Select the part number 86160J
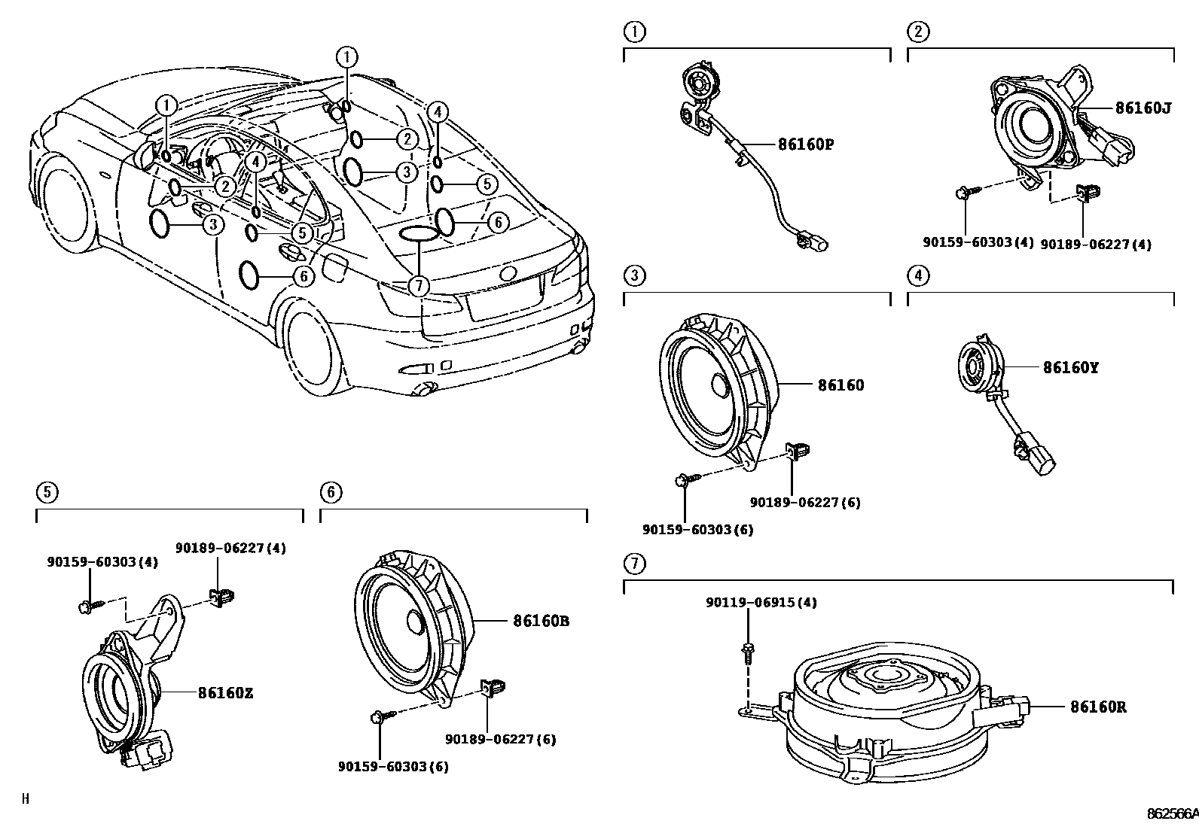pyautogui.click(x=1143, y=108)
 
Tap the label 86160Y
pyautogui.click(x=1070, y=367)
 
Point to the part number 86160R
pyautogui.click(x=1098, y=707)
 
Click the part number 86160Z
pyautogui.click(x=225, y=692)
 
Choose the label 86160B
pyautogui.click(x=541, y=621)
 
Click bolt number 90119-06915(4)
pyautogui.click(x=761, y=603)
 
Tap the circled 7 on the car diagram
pyautogui.click(x=418, y=285)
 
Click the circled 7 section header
pyautogui.click(x=635, y=562)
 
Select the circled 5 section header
pyautogui.click(x=47, y=492)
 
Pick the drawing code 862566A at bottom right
pyautogui.click(x=1172, y=813)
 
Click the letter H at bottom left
pyautogui.click(x=25, y=799)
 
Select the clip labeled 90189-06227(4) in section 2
pyautogui.click(x=1085, y=194)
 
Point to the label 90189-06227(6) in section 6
pyautogui.click(x=500, y=739)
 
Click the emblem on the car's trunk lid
pyautogui.click(x=510, y=273)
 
